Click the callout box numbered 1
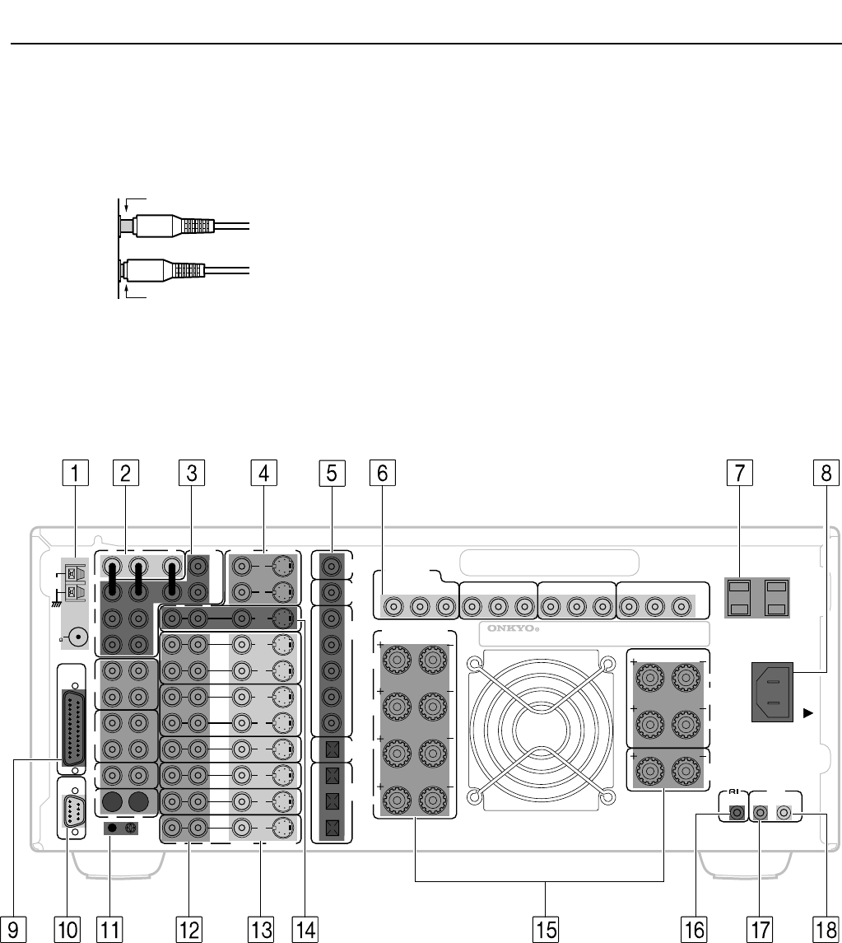pos(75,473)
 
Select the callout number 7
pos(739,473)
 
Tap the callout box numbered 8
pos(826,473)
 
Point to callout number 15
pos(545,930)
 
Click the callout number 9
pos(12,930)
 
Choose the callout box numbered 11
pos(109,930)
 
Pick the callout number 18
pos(826,930)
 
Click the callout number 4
pos(264,473)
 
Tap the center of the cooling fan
pos(541,730)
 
